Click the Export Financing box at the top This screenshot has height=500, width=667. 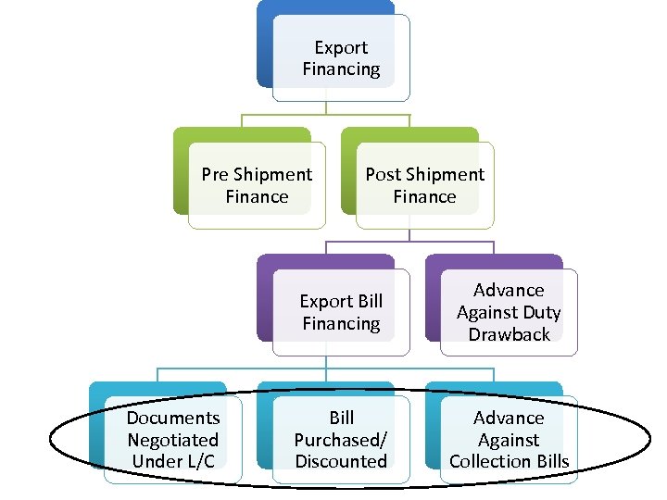(x=341, y=57)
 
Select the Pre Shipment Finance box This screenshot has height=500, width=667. (x=257, y=185)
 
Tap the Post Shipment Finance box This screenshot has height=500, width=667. (x=424, y=185)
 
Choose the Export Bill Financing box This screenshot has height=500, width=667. (x=341, y=312)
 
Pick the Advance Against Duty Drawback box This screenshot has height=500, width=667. (x=509, y=312)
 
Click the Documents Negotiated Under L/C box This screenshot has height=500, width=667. (x=173, y=440)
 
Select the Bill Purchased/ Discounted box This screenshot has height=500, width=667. (x=341, y=440)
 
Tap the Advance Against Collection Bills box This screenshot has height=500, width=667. (x=509, y=440)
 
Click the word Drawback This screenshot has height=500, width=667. (x=509, y=334)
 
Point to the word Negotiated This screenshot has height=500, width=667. (x=173, y=440)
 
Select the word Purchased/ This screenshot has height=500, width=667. (x=341, y=440)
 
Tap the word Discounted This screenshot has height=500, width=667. (x=341, y=461)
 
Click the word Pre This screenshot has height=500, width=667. (x=215, y=174)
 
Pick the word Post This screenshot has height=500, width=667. (x=383, y=174)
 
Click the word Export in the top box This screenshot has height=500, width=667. (x=341, y=47)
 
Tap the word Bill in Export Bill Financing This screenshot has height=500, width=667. (x=369, y=301)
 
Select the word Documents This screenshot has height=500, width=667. (x=173, y=418)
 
